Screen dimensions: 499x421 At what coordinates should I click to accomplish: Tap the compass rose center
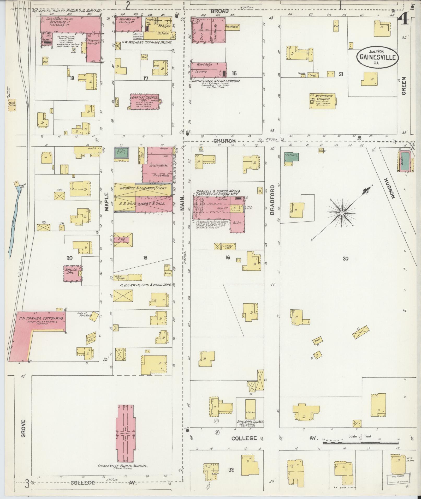[341, 213]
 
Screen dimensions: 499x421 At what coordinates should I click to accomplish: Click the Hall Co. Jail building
[73, 274]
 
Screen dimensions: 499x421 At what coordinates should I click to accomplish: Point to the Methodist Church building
[323, 101]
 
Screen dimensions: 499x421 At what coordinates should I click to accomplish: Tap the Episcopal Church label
[250, 422]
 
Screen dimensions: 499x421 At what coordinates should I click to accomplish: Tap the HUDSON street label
[390, 188]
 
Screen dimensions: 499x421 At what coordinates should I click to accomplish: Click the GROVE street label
[23, 428]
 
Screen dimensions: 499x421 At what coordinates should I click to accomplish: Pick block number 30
[346, 258]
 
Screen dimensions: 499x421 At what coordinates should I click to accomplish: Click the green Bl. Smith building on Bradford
[292, 157]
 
